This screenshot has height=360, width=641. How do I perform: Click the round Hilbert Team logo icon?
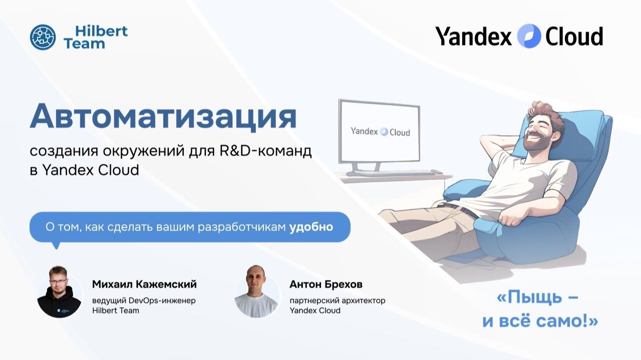click(43, 38)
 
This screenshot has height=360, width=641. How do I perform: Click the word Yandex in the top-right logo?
click(473, 37)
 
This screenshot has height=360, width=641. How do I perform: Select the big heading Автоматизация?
click(163, 117)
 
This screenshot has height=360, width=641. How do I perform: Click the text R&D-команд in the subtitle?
click(265, 151)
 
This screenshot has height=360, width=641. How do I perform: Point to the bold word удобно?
click(311, 227)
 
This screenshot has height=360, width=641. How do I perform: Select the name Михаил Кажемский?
click(144, 284)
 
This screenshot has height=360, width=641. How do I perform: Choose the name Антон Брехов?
click(326, 284)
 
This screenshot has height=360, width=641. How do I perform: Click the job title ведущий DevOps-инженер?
click(144, 300)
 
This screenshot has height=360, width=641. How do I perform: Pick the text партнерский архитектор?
click(338, 300)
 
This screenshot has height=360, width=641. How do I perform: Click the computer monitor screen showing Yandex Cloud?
click(379, 132)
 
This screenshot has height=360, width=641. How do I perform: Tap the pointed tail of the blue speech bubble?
click(56, 245)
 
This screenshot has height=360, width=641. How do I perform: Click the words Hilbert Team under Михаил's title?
click(116, 310)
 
